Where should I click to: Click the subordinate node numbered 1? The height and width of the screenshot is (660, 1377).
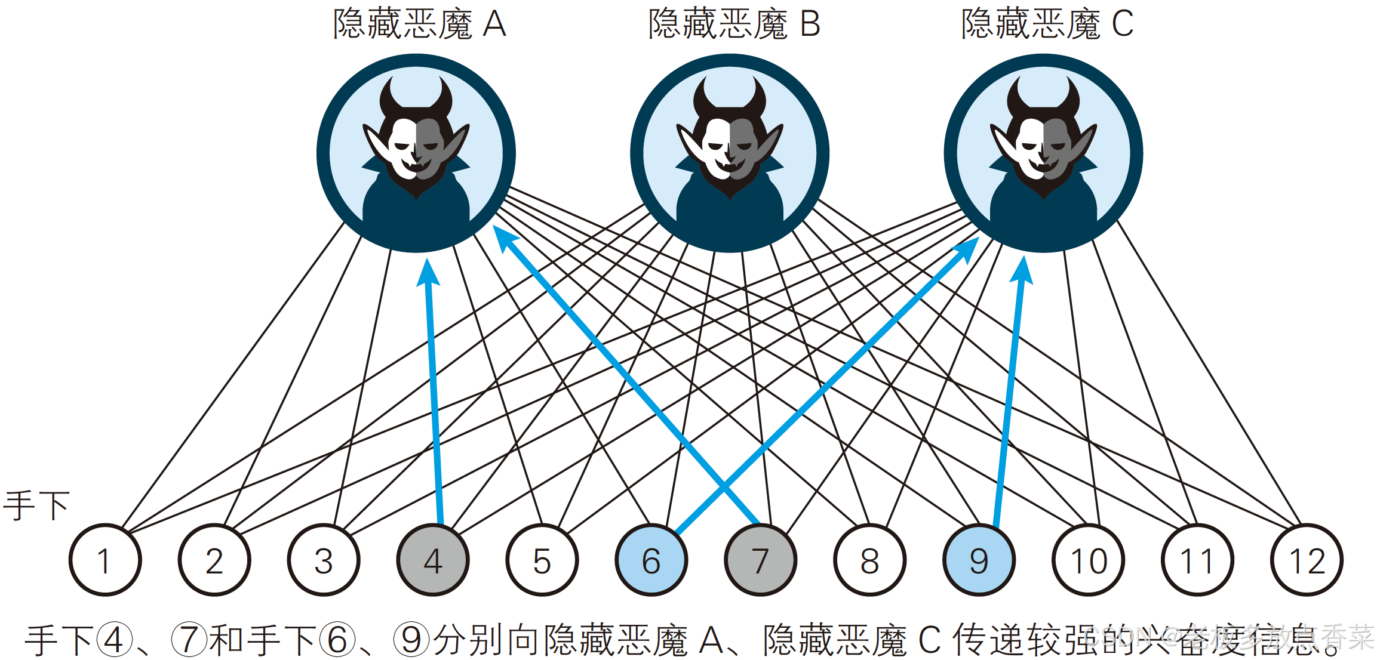pyautogui.click(x=105, y=560)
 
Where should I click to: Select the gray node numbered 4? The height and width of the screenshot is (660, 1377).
pyautogui.click(x=433, y=560)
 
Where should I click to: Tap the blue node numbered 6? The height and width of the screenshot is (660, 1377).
pyautogui.click(x=651, y=560)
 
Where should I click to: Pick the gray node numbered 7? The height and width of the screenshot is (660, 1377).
pyautogui.click(x=760, y=560)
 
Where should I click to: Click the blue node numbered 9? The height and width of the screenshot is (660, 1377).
pyautogui.click(x=979, y=560)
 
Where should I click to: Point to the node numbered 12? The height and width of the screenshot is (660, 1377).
pyautogui.click(x=1307, y=560)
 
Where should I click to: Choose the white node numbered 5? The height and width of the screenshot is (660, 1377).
pyautogui.click(x=542, y=560)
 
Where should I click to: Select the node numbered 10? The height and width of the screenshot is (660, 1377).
pyautogui.click(x=1088, y=560)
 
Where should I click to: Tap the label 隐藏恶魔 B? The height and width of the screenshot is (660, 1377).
pyautogui.click(x=734, y=24)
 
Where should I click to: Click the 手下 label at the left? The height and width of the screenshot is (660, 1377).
pyautogui.click(x=36, y=505)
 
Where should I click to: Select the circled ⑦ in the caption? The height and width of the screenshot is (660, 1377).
pyautogui.click(x=189, y=640)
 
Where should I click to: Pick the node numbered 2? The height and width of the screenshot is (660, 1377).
pyautogui.click(x=214, y=560)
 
